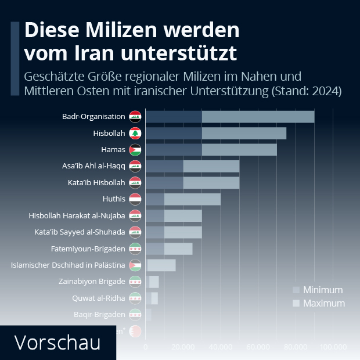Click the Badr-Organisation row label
click(93, 117)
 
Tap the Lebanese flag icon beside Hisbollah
click(135, 134)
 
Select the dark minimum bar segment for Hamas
click(173, 150)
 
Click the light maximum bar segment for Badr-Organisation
click(258, 117)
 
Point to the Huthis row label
click(114, 199)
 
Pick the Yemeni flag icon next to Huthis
click(135, 199)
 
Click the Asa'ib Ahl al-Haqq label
click(93, 166)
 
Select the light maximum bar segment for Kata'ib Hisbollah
click(211, 183)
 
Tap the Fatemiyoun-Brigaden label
click(88, 249)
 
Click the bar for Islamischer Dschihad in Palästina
click(161, 265)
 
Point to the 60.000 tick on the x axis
click(258, 347)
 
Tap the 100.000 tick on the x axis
click(333, 347)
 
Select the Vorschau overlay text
click(57, 342)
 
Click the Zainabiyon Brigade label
click(92, 282)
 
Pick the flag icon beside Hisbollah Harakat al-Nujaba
click(135, 216)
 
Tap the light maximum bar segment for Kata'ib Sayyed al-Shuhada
click(183, 232)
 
